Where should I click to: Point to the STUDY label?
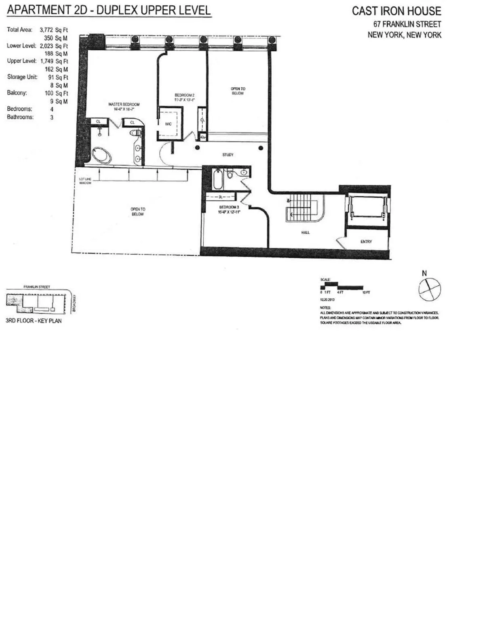(x=228, y=155)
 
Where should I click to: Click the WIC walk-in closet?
(x=169, y=124)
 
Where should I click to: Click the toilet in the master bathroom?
(x=134, y=133)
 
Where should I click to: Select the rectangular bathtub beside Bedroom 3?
(x=217, y=180)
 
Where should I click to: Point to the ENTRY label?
(x=366, y=242)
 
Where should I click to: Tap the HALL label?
(x=305, y=232)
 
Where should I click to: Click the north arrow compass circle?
(x=430, y=289)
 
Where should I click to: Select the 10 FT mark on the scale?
(x=366, y=292)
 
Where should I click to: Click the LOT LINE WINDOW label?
(x=85, y=181)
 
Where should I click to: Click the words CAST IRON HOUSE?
(x=396, y=11)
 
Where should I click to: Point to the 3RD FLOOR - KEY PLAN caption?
(x=34, y=321)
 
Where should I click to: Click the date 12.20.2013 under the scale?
(x=327, y=300)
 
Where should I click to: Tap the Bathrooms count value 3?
(x=52, y=117)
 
